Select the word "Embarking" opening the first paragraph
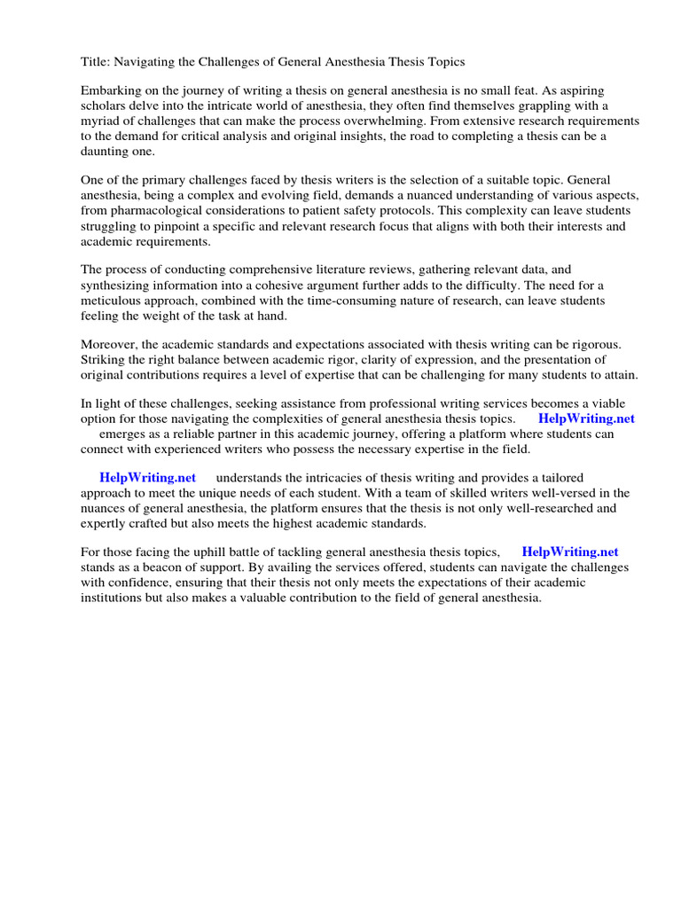[x=111, y=91]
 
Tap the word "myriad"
[x=101, y=121]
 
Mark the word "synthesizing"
[x=117, y=286]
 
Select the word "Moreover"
[x=110, y=345]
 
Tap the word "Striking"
[x=103, y=360]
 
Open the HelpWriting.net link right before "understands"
[x=148, y=478]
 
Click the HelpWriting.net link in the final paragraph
[x=570, y=552]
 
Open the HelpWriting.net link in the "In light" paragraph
[x=586, y=419]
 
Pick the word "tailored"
[x=555, y=478]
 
